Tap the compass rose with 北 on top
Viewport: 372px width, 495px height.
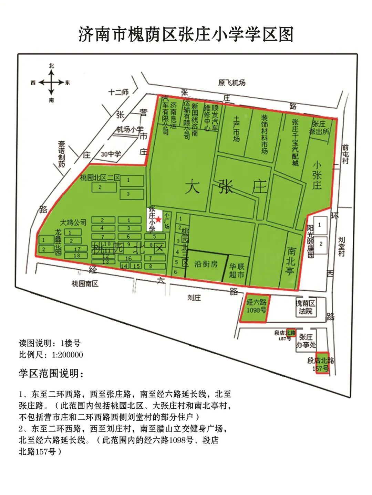pos(51,83)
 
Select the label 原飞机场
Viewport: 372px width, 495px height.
pos(232,83)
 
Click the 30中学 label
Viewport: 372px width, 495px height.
pos(111,154)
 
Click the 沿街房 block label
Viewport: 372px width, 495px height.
pos(206,264)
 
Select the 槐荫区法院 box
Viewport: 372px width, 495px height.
pos(306,307)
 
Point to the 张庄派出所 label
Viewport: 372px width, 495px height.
pos(320,128)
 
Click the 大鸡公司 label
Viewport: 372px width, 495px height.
pos(73,222)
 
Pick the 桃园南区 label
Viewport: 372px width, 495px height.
pos(85,284)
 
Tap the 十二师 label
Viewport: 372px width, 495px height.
pos(118,92)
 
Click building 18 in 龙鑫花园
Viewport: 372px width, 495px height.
pos(77,256)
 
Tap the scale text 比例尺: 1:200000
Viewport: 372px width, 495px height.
pos(51,354)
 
